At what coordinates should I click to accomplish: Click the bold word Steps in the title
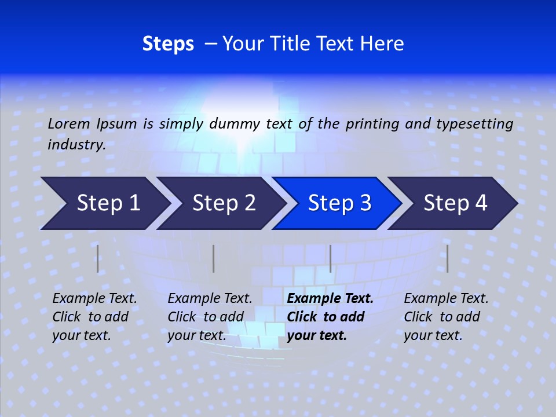pyautogui.click(x=168, y=44)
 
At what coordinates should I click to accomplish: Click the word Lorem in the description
pyautogui.click(x=69, y=123)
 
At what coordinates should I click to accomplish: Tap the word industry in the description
pyautogui.click(x=76, y=145)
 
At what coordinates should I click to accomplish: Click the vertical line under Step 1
pyautogui.click(x=98, y=258)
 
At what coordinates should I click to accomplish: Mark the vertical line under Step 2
pyautogui.click(x=214, y=258)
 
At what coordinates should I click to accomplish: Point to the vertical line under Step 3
pyautogui.click(x=330, y=258)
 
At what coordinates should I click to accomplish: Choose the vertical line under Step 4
pyautogui.click(x=447, y=258)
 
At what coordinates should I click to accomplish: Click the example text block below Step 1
pyautogui.click(x=94, y=317)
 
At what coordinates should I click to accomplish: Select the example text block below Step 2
pyautogui.click(x=210, y=317)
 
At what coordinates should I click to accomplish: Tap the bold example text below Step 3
pyautogui.click(x=330, y=317)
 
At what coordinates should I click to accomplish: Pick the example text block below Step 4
pyautogui.click(x=446, y=317)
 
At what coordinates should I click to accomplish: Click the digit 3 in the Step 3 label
pyautogui.click(x=364, y=203)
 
